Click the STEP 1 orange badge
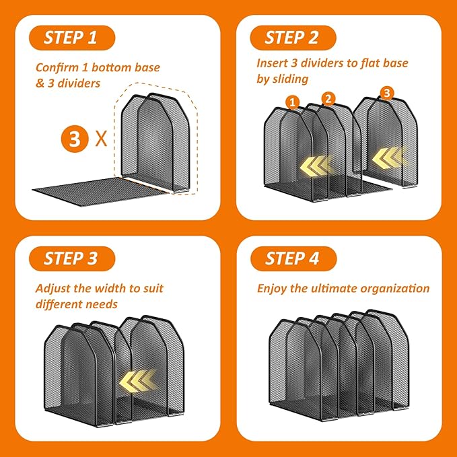click(x=72, y=38)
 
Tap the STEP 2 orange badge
click(x=293, y=38)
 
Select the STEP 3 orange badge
click(x=72, y=259)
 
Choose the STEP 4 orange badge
click(x=293, y=259)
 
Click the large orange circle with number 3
click(x=75, y=139)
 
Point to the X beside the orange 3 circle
click(x=102, y=139)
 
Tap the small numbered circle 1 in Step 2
click(x=293, y=102)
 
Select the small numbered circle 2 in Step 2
click(x=328, y=98)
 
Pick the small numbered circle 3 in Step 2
click(x=387, y=94)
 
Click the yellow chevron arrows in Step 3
click(x=138, y=381)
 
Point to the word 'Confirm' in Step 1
click(x=57, y=67)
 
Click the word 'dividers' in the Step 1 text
click(x=79, y=83)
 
